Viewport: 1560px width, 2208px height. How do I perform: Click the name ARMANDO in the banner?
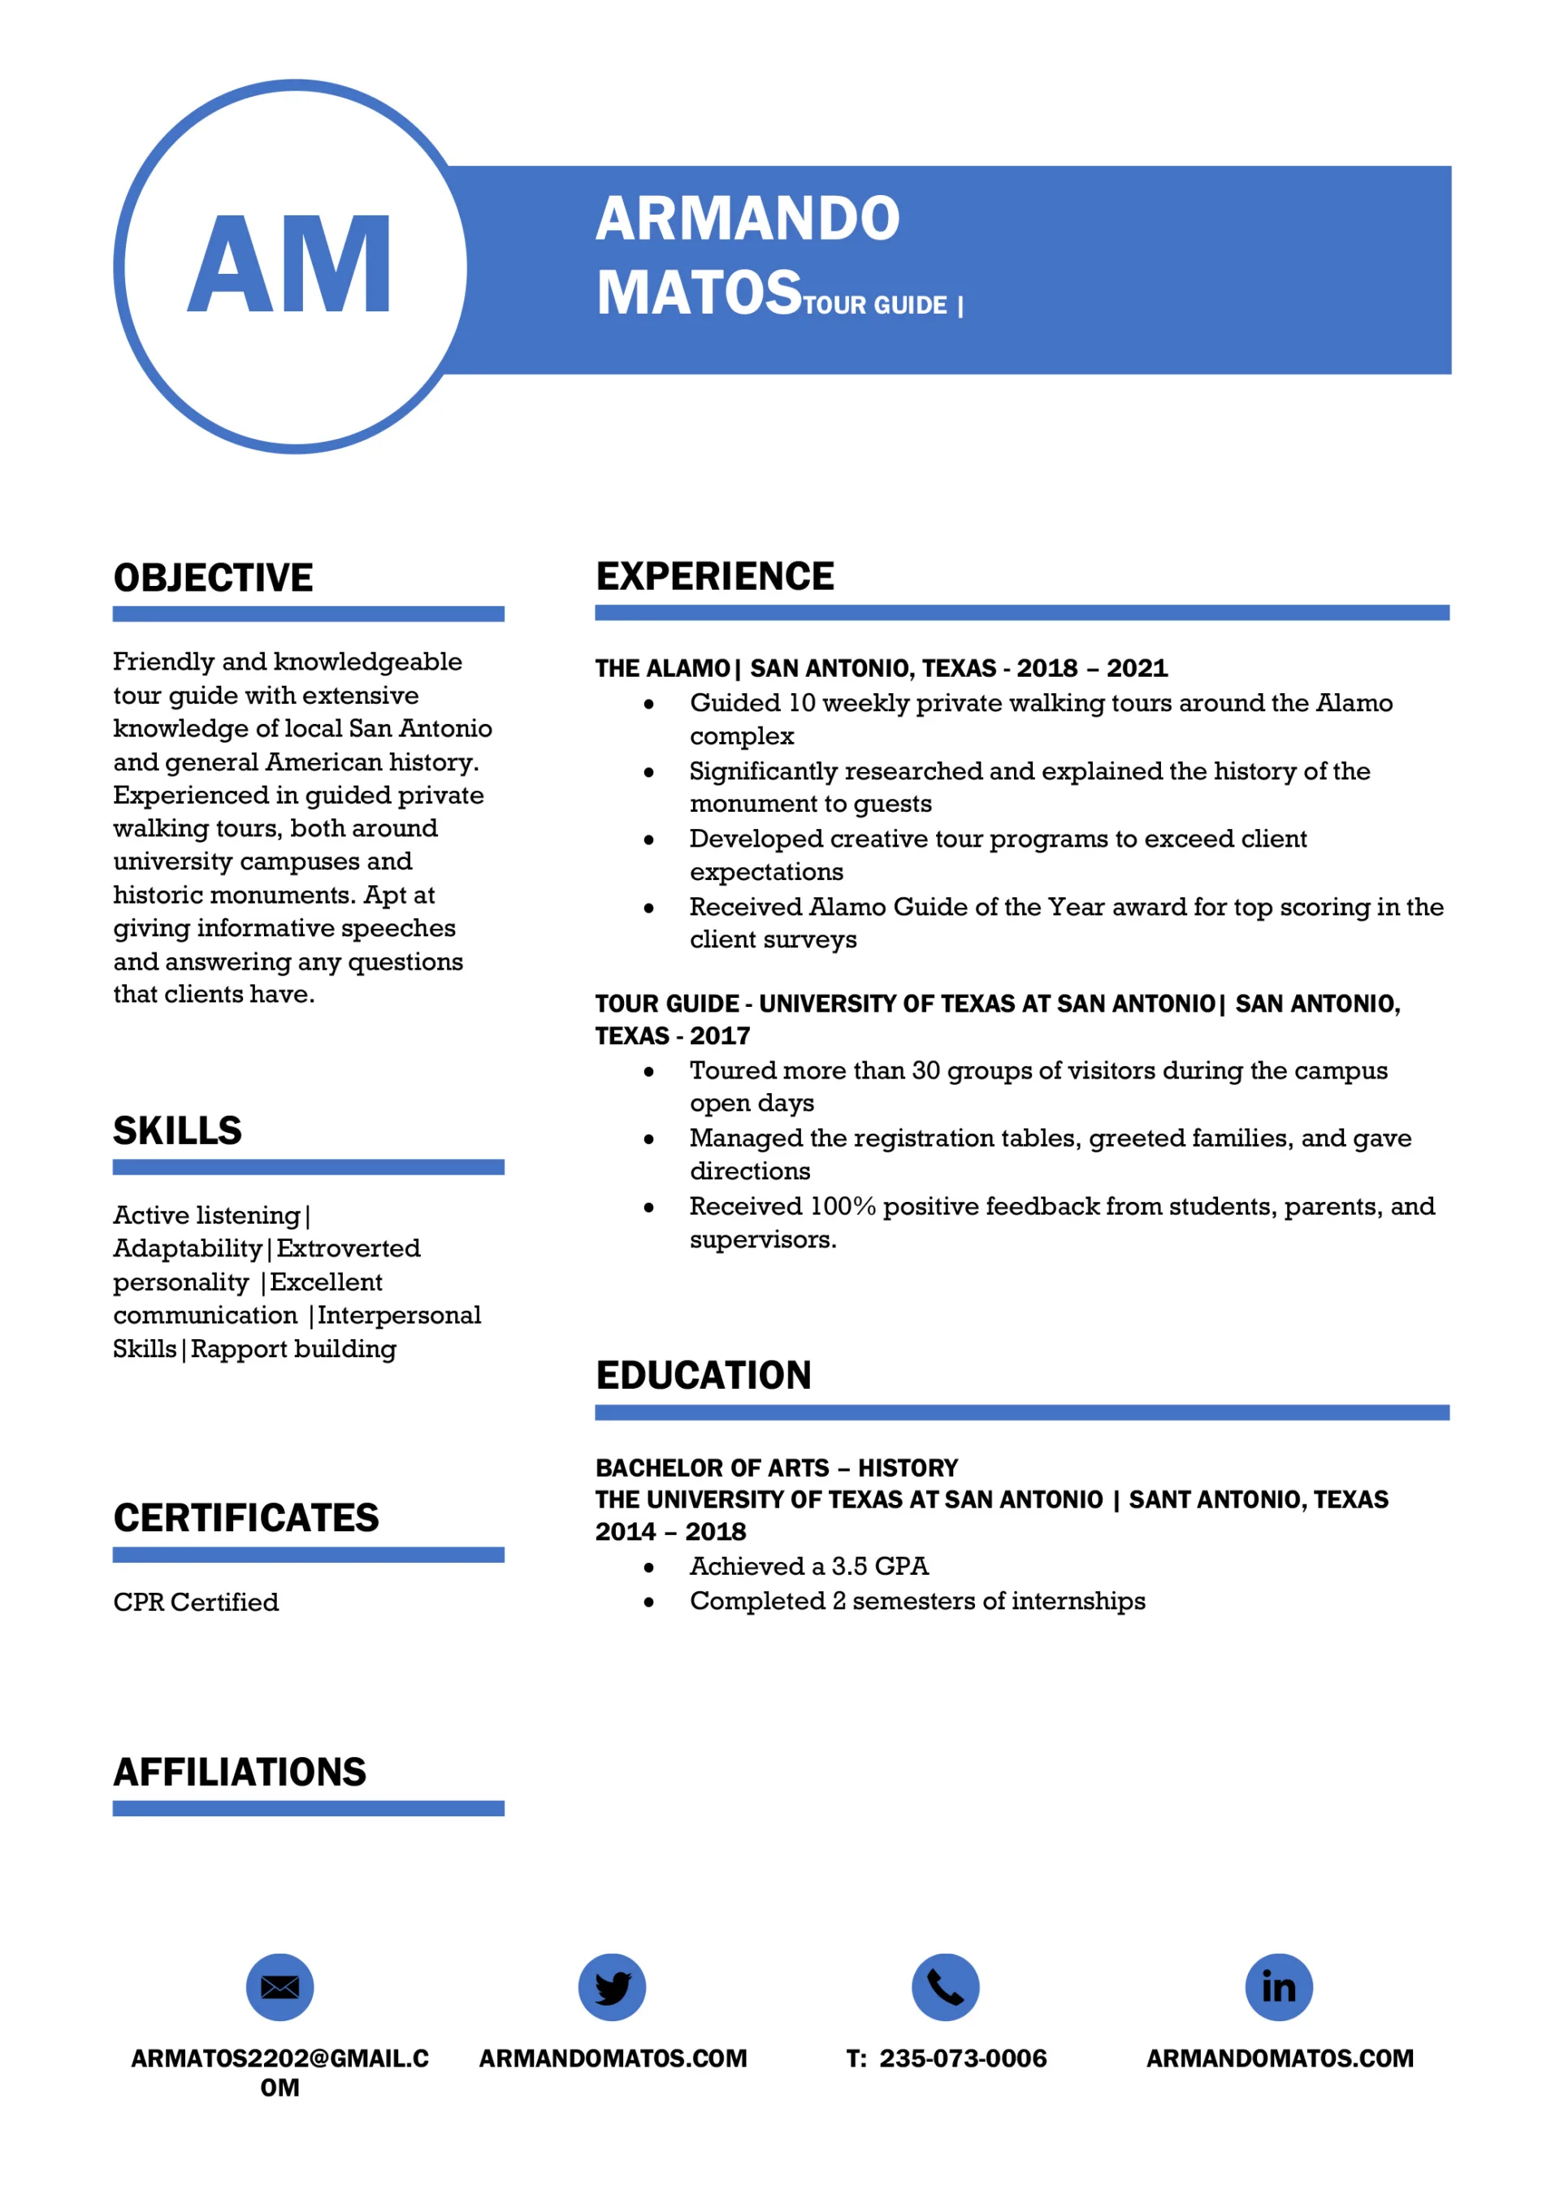tap(747, 219)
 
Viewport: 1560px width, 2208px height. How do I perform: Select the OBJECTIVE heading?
tap(214, 578)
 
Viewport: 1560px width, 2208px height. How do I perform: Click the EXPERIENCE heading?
tap(715, 576)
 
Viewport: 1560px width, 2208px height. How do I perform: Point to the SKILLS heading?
tap(178, 1131)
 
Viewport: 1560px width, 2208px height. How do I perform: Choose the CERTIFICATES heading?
tap(246, 1519)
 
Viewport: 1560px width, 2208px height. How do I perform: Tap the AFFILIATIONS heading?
tap(240, 1772)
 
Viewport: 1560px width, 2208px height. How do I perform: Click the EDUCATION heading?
tap(703, 1375)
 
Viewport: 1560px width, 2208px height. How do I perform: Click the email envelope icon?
tap(279, 1988)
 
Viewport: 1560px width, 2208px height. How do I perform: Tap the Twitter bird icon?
tap(613, 1988)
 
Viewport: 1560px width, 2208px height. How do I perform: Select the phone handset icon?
tap(946, 1988)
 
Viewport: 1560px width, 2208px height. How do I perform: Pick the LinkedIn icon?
tap(1278, 1988)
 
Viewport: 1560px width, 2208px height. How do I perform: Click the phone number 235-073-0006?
tap(963, 2059)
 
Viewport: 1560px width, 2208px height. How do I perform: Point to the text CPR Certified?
tap(196, 1602)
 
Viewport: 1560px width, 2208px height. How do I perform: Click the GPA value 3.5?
tap(850, 1567)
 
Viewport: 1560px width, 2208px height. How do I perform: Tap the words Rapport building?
tap(293, 1349)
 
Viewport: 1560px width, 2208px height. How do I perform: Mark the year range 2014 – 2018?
tap(670, 1532)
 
